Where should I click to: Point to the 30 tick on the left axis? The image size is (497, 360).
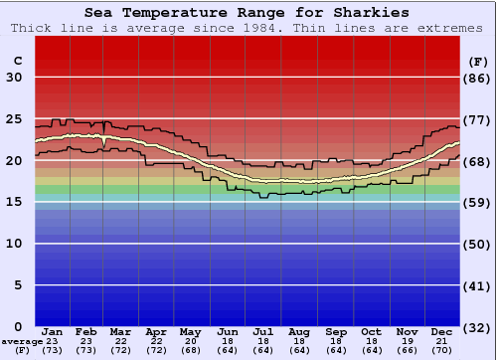coord(15,78)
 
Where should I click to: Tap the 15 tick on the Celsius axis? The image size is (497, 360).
coord(15,202)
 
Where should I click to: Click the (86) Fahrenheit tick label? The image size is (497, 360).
coord(477,78)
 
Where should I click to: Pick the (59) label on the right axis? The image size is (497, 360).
coord(477,202)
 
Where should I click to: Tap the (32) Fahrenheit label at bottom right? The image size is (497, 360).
coord(477,327)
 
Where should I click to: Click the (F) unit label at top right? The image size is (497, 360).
coord(477,61)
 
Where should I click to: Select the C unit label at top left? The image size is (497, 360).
coord(18,61)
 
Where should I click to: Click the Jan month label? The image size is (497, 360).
coord(53,331)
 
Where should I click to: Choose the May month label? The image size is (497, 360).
coord(191,331)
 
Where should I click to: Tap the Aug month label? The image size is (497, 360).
coord(300,331)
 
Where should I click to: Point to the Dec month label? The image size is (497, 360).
coord(442,331)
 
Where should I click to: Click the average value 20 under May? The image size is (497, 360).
coord(191,341)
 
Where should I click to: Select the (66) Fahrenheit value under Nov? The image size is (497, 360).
coord(407,350)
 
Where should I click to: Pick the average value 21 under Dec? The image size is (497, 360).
coord(442,341)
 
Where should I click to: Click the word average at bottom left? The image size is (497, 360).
coord(22,341)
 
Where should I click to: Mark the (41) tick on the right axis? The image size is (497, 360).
coord(477,285)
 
